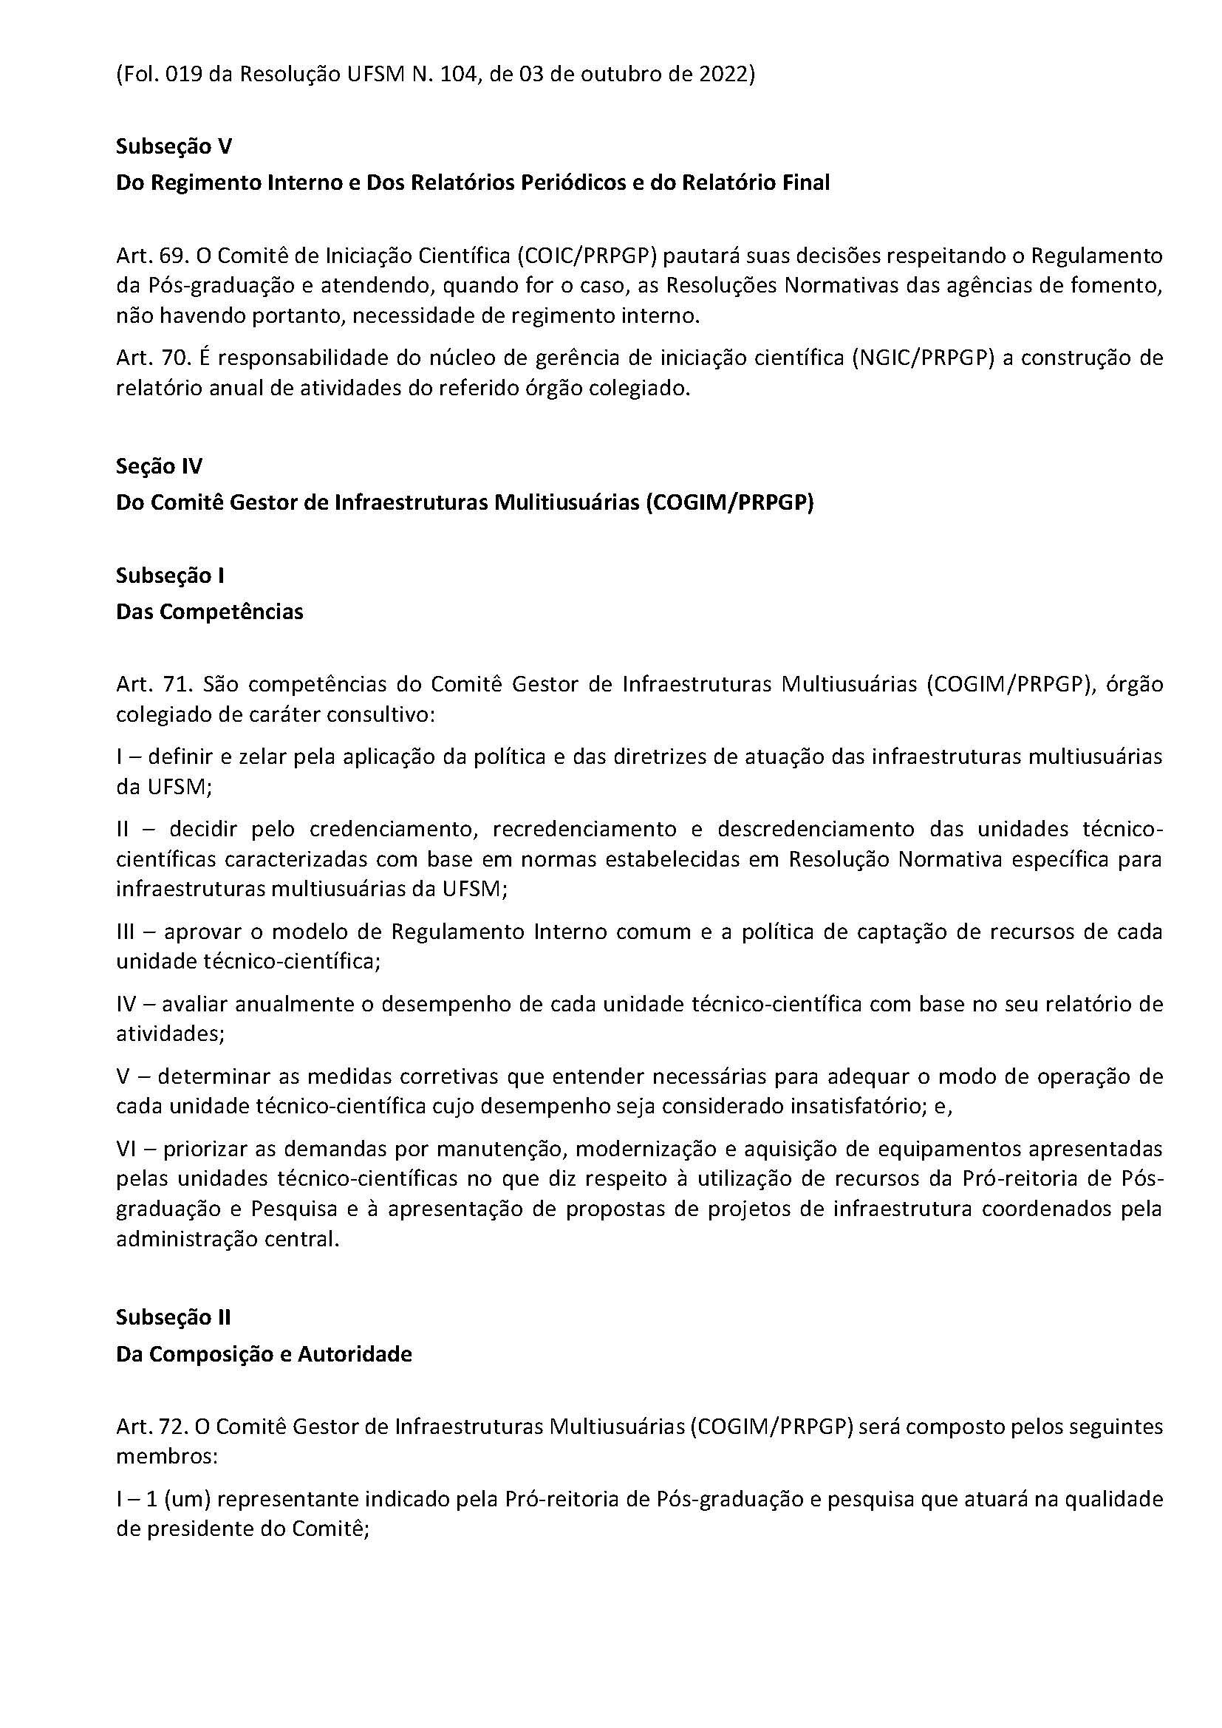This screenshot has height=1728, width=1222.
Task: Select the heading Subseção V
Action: point(173,146)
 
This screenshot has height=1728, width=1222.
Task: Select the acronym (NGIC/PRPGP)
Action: point(924,358)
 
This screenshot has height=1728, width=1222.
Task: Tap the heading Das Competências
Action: point(209,612)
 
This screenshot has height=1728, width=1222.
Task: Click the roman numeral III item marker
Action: point(125,932)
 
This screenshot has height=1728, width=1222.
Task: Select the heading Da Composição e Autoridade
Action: point(263,1354)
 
